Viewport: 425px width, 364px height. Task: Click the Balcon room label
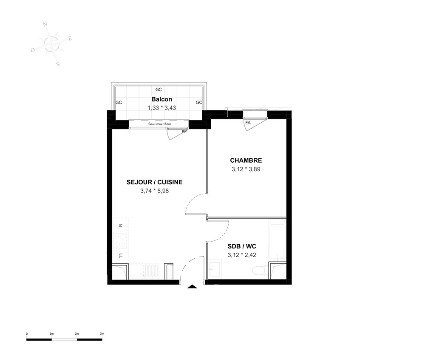pyautogui.click(x=161, y=99)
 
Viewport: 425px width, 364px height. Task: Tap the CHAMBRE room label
pyautogui.click(x=246, y=160)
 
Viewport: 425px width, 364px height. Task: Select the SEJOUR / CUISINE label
pyautogui.click(x=155, y=182)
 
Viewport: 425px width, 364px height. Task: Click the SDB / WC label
pyautogui.click(x=242, y=246)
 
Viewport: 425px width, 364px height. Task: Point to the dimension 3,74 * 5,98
pyautogui.click(x=155, y=191)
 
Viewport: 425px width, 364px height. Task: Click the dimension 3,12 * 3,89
pyautogui.click(x=246, y=169)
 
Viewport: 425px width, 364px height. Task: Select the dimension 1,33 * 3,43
pyautogui.click(x=162, y=108)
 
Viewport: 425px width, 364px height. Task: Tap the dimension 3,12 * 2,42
pyautogui.click(x=242, y=255)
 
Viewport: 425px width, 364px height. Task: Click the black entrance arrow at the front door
pyautogui.click(x=192, y=287)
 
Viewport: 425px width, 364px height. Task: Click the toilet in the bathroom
pyautogui.click(x=260, y=271)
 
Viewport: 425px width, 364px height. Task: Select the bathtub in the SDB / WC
pyautogui.click(x=277, y=240)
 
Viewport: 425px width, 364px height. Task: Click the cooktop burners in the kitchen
pyautogui.click(x=120, y=240)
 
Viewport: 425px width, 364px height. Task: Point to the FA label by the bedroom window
pyautogui.click(x=248, y=123)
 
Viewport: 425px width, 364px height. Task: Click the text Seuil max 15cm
pyautogui.click(x=160, y=124)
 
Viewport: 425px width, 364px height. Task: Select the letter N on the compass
pyautogui.click(x=45, y=25)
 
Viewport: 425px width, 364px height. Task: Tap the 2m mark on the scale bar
pyautogui.click(x=76, y=334)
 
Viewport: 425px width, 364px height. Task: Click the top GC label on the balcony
pyautogui.click(x=159, y=90)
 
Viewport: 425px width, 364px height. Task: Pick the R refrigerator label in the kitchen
pyautogui.click(x=121, y=226)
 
